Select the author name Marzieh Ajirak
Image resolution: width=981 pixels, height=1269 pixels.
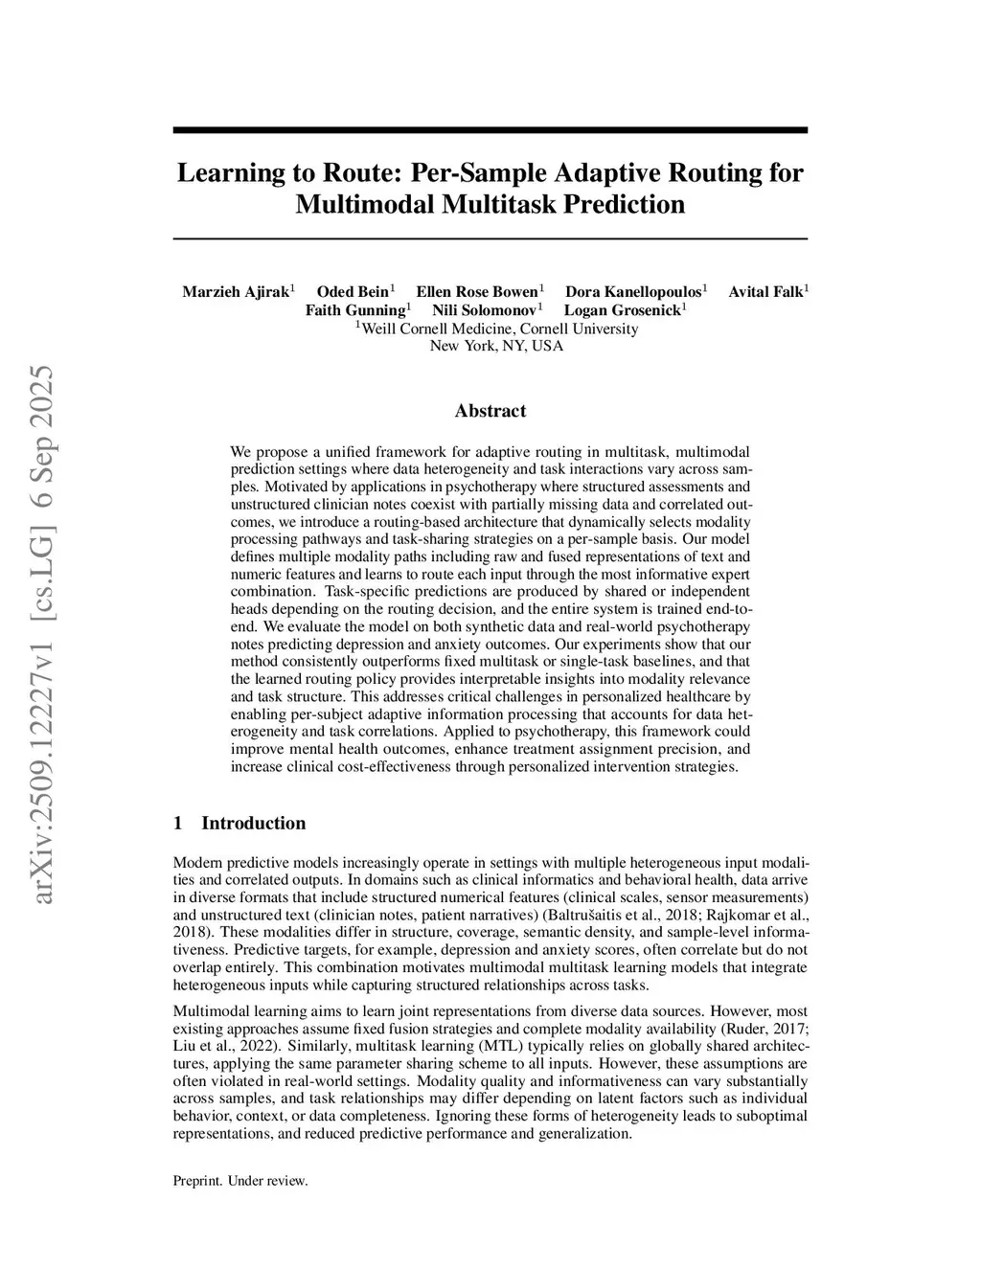tap(236, 292)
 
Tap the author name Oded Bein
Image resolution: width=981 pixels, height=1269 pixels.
tap(353, 292)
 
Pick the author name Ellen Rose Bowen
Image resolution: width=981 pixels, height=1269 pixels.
tap(477, 292)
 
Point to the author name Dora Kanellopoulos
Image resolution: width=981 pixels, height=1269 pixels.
tap(633, 292)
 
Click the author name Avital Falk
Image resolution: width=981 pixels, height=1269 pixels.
tap(765, 292)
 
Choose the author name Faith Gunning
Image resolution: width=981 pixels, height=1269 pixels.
tap(355, 310)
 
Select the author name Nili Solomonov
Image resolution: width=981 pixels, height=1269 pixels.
tap(484, 310)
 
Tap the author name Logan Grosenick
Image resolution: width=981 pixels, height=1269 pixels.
tap(622, 310)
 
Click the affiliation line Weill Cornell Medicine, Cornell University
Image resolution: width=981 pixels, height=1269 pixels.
tap(498, 329)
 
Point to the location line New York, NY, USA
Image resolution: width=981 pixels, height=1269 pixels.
tap(496, 346)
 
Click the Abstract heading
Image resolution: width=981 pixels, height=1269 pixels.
tap(490, 411)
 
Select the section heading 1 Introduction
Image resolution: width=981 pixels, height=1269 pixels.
tap(240, 823)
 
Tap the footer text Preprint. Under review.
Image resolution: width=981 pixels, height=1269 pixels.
tap(240, 1181)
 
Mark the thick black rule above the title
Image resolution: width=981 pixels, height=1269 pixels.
tap(490, 130)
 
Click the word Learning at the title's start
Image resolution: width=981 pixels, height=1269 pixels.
tap(226, 173)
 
